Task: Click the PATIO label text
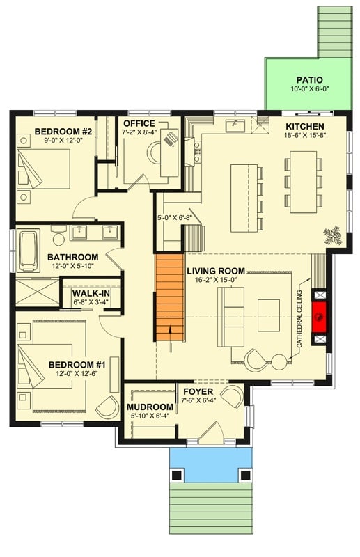click(308, 80)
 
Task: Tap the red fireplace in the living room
click(320, 314)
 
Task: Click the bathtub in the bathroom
click(29, 251)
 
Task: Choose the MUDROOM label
click(149, 407)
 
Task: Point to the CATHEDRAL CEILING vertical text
click(302, 320)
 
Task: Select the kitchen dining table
click(304, 183)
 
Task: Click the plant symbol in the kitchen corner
click(332, 235)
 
